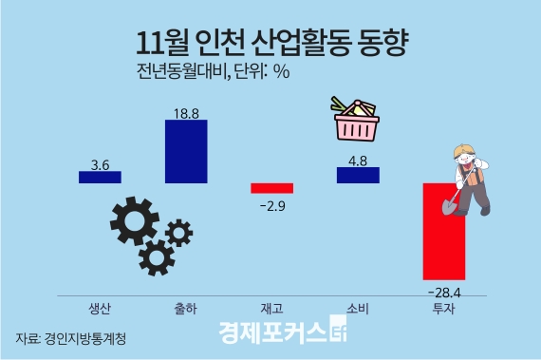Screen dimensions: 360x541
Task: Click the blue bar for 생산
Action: click(100, 177)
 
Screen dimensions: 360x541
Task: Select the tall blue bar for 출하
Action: click(186, 151)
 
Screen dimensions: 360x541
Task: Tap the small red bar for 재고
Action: click(272, 188)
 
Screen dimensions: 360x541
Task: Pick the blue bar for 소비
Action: click(358, 175)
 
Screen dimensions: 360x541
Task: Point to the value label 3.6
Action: click(101, 164)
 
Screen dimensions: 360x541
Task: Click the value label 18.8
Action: click(186, 113)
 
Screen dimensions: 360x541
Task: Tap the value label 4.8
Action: click(358, 161)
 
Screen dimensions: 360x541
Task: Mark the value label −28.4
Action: click(444, 292)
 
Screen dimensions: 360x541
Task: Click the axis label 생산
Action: click(100, 308)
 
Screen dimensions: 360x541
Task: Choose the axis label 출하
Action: click(186, 308)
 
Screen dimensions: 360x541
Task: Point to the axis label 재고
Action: click(271, 308)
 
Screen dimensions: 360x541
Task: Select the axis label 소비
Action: click(358, 308)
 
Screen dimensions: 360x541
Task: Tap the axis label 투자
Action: click(443, 308)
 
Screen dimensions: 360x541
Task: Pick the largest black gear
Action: click(134, 224)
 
